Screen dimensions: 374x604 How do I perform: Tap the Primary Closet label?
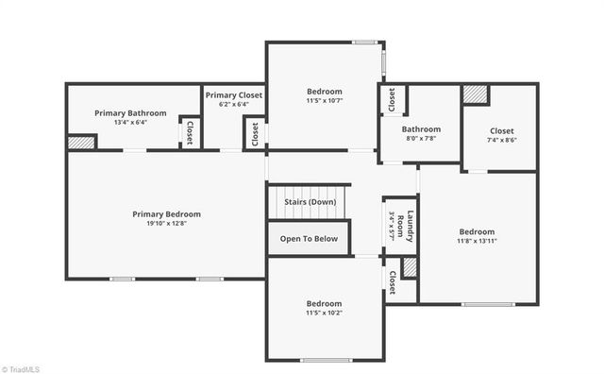pos(233,95)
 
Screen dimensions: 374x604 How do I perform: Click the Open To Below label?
pos(309,239)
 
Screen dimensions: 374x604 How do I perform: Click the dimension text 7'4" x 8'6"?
pos(501,140)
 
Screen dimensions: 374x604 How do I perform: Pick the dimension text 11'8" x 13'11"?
pos(477,242)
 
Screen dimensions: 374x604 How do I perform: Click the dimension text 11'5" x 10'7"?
pos(324,100)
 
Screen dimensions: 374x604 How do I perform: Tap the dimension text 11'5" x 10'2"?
pos(324,314)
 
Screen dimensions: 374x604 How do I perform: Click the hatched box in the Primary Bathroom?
pos(82,142)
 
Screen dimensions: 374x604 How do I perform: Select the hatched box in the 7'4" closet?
pos(475,94)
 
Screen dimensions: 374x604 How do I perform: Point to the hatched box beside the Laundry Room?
pos(410,267)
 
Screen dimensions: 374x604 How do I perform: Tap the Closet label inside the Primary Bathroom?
pos(190,132)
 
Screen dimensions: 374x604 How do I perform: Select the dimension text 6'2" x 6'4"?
pos(233,106)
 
